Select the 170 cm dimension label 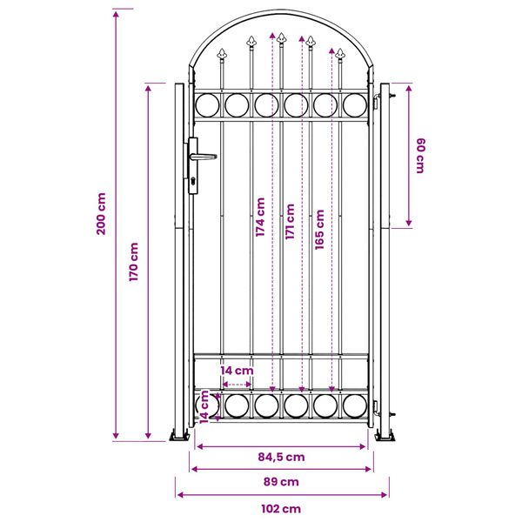(x=134, y=262)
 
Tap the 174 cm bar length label (x=260, y=218)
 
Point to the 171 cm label (x=290, y=222)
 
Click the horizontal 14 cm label (x=237, y=371)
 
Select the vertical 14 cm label (x=204, y=405)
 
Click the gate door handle (x=203, y=157)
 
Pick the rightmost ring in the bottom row (x=355, y=405)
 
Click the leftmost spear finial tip (x=221, y=51)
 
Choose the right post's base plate (x=385, y=435)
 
